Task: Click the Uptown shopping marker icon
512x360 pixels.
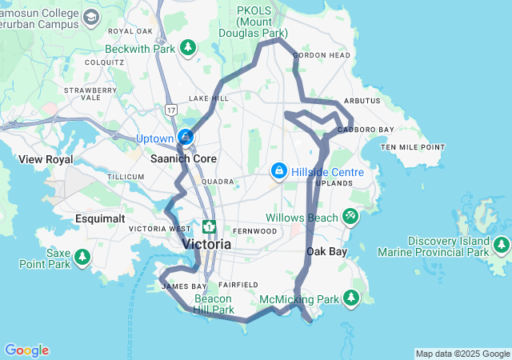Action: (x=186, y=138)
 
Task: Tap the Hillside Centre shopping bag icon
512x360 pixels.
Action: (x=278, y=171)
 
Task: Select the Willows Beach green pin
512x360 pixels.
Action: (x=350, y=217)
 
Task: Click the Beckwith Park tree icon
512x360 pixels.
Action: (x=188, y=49)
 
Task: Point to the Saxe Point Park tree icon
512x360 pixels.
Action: (x=82, y=258)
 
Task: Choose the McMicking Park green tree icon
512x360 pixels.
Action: (x=350, y=298)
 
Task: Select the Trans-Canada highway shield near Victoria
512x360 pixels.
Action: (x=210, y=227)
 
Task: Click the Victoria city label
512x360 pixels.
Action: (x=206, y=244)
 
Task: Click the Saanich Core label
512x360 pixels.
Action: (x=184, y=158)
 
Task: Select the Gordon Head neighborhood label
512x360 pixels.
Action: (x=322, y=55)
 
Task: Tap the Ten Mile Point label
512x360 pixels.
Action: (x=413, y=147)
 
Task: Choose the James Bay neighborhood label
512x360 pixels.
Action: (x=184, y=286)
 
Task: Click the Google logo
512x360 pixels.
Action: (x=26, y=350)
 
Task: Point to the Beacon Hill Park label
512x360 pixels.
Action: (x=214, y=303)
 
